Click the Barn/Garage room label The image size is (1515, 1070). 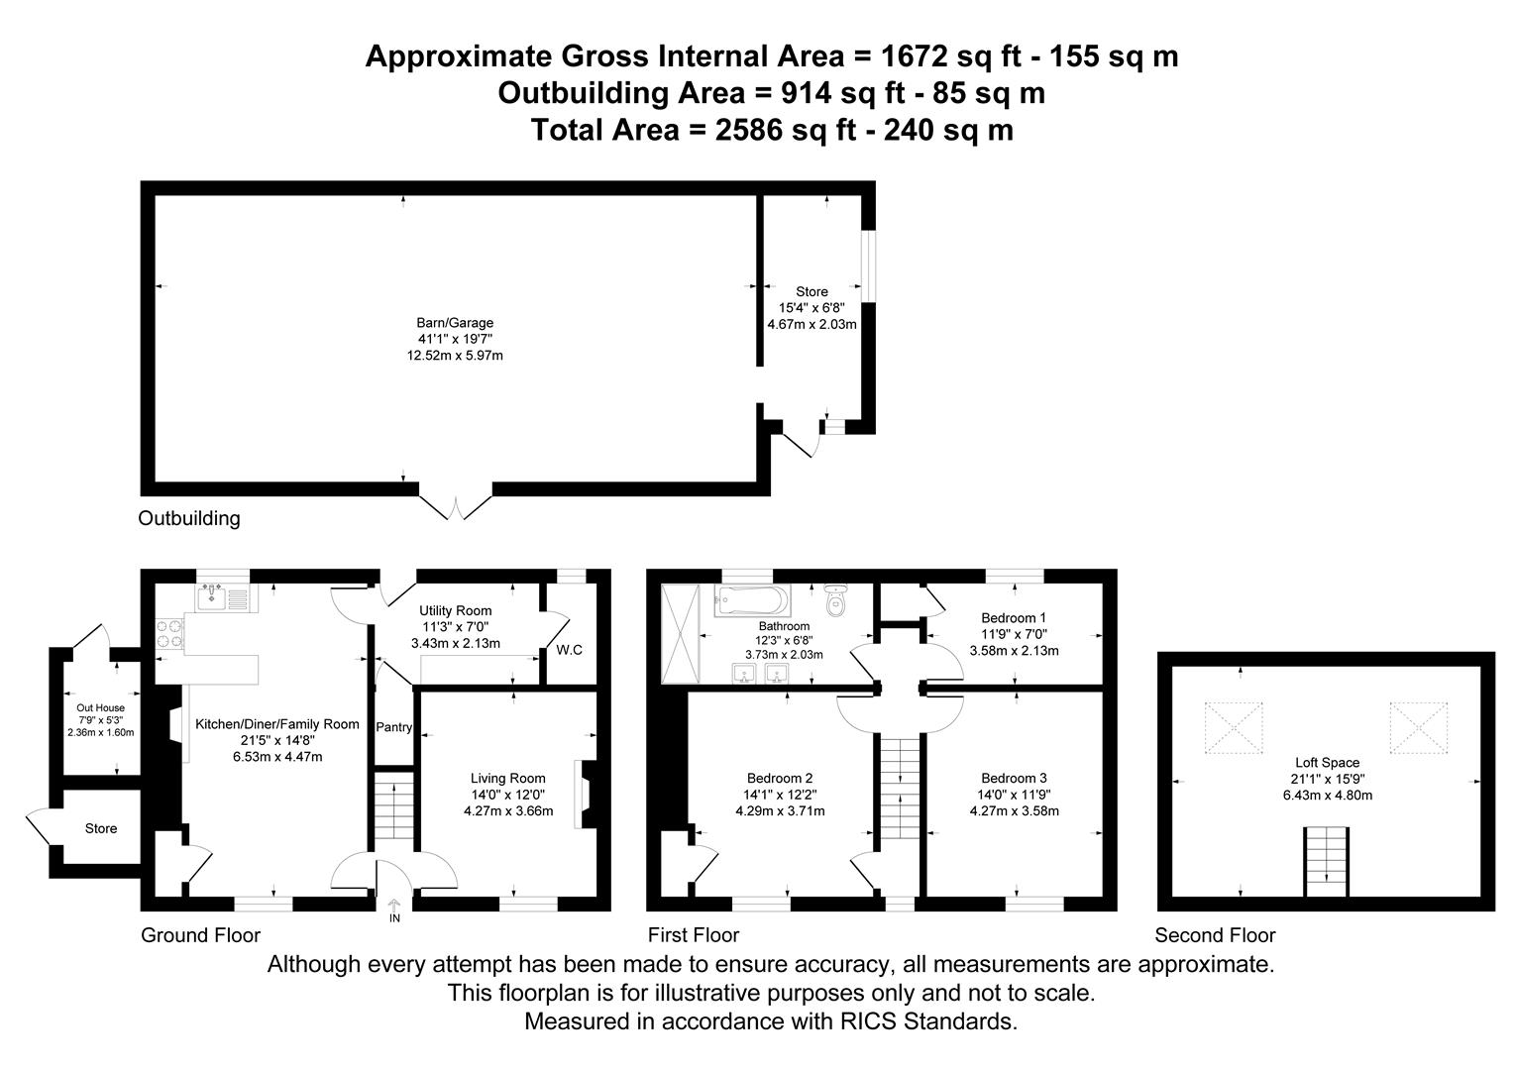pyautogui.click(x=454, y=323)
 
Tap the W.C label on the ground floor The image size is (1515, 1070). pyautogui.click(x=569, y=650)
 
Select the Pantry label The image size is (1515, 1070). pyautogui.click(x=393, y=727)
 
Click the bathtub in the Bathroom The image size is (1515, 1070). pyautogui.click(x=752, y=599)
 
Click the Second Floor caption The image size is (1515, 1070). pyautogui.click(x=1215, y=935)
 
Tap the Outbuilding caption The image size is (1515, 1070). pyautogui.click(x=188, y=518)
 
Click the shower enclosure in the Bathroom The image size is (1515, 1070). pyautogui.click(x=680, y=633)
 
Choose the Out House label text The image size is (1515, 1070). pyautogui.click(x=101, y=707)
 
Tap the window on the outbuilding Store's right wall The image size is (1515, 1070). pyautogui.click(x=868, y=266)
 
